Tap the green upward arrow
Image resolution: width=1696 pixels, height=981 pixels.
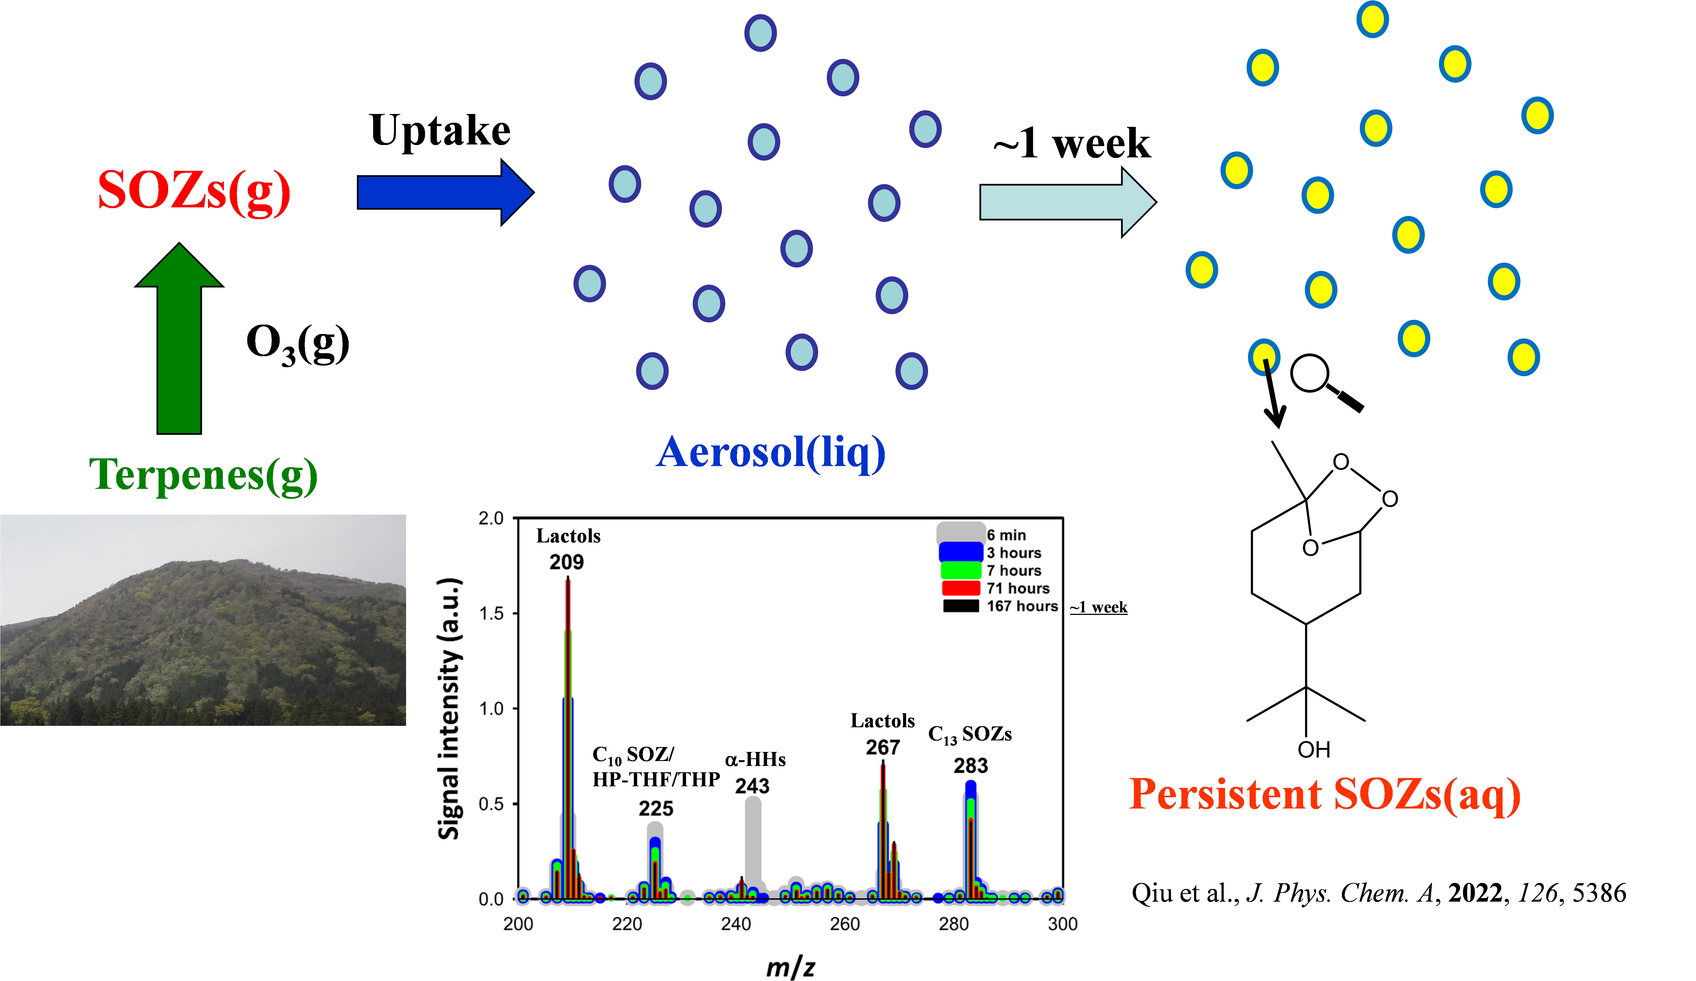pyautogui.click(x=179, y=338)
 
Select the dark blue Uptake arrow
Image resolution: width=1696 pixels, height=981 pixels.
pyautogui.click(x=446, y=193)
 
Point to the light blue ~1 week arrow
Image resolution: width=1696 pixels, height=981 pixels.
pyautogui.click(x=1068, y=202)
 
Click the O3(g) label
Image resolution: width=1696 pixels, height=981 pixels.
pyautogui.click(x=298, y=344)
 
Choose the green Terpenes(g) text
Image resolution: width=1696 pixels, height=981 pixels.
pyautogui.click(x=203, y=475)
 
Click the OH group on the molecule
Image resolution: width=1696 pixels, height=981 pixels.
pyautogui.click(x=1314, y=749)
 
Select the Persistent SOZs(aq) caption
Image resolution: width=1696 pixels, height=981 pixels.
pyautogui.click(x=1325, y=795)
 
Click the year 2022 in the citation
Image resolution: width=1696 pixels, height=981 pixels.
pyautogui.click(x=1475, y=893)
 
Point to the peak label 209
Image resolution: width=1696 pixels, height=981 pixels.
pyautogui.click(x=567, y=562)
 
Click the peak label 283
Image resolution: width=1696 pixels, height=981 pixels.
pyautogui.click(x=970, y=766)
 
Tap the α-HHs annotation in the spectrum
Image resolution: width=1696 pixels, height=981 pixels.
pyautogui.click(x=755, y=760)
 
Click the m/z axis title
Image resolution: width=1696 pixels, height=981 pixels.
pyautogui.click(x=791, y=968)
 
